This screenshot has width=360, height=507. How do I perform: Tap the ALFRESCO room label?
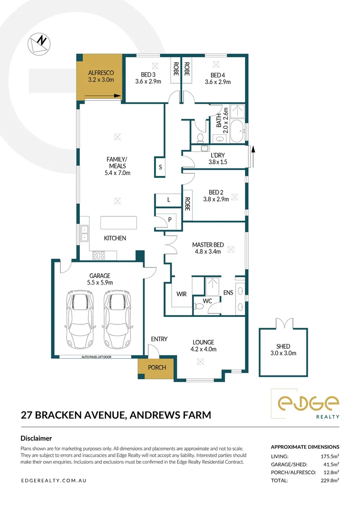101,73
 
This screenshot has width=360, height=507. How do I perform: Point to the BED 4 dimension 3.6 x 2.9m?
217,82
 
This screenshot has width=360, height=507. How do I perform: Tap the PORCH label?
157,367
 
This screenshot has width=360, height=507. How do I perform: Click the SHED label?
283,347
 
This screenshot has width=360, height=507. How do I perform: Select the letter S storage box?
160,167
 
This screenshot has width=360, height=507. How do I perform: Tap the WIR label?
182,294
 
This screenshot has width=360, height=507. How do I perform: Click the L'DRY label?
218,155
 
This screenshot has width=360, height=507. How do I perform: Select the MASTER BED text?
208,245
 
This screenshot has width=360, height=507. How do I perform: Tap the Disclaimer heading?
36,438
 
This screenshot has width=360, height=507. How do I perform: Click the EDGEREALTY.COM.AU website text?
54,481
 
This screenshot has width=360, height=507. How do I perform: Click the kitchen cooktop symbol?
99,255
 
